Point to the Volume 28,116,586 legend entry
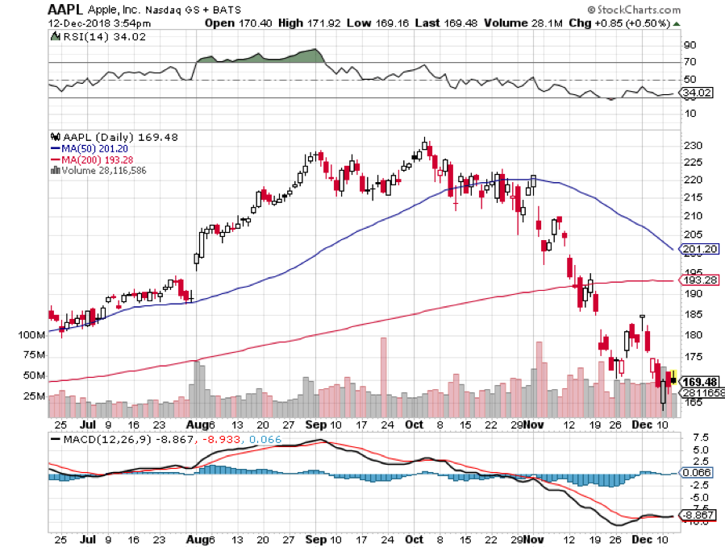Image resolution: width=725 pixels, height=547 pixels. pos(99,169)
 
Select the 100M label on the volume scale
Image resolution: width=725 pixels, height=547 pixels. pos(31,334)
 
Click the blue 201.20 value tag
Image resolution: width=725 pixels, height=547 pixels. pos(698,250)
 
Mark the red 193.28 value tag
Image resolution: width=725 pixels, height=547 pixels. pos(698,280)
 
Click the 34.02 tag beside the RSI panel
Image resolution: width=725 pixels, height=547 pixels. pos(697,93)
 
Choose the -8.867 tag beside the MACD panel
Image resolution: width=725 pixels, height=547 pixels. pos(697,515)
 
